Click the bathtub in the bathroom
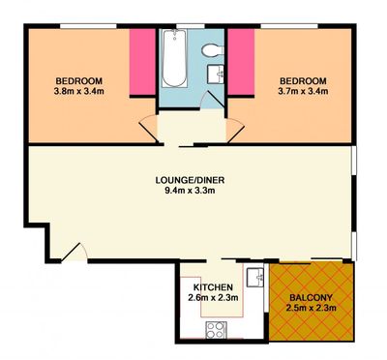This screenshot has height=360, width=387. (x=174, y=58)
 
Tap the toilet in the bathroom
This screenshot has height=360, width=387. (x=213, y=50)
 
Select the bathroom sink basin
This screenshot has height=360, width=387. (x=216, y=74)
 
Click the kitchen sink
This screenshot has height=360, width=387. (x=255, y=277)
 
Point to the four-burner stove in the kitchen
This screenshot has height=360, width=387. (x=216, y=330)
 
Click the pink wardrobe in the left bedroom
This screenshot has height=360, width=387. (x=142, y=63)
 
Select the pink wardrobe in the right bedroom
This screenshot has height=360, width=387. (x=241, y=63)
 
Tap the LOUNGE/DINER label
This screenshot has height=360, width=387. (x=190, y=180)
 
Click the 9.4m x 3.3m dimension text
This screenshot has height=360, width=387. (x=190, y=191)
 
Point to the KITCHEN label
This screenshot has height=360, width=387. (x=213, y=286)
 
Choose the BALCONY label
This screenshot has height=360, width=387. (x=311, y=297)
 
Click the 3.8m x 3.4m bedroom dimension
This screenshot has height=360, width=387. (x=79, y=91)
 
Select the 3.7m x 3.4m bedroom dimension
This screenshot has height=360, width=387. (x=303, y=91)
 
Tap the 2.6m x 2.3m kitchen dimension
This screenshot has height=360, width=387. (x=213, y=297)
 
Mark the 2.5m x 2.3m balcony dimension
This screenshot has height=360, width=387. (x=311, y=308)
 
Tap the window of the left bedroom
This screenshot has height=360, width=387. (x=89, y=26)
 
